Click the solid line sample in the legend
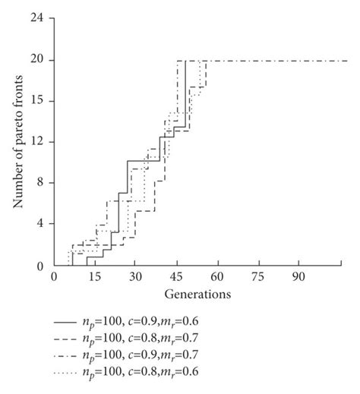[71, 323]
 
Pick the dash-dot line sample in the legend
[71, 355]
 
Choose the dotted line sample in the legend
[71, 370]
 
